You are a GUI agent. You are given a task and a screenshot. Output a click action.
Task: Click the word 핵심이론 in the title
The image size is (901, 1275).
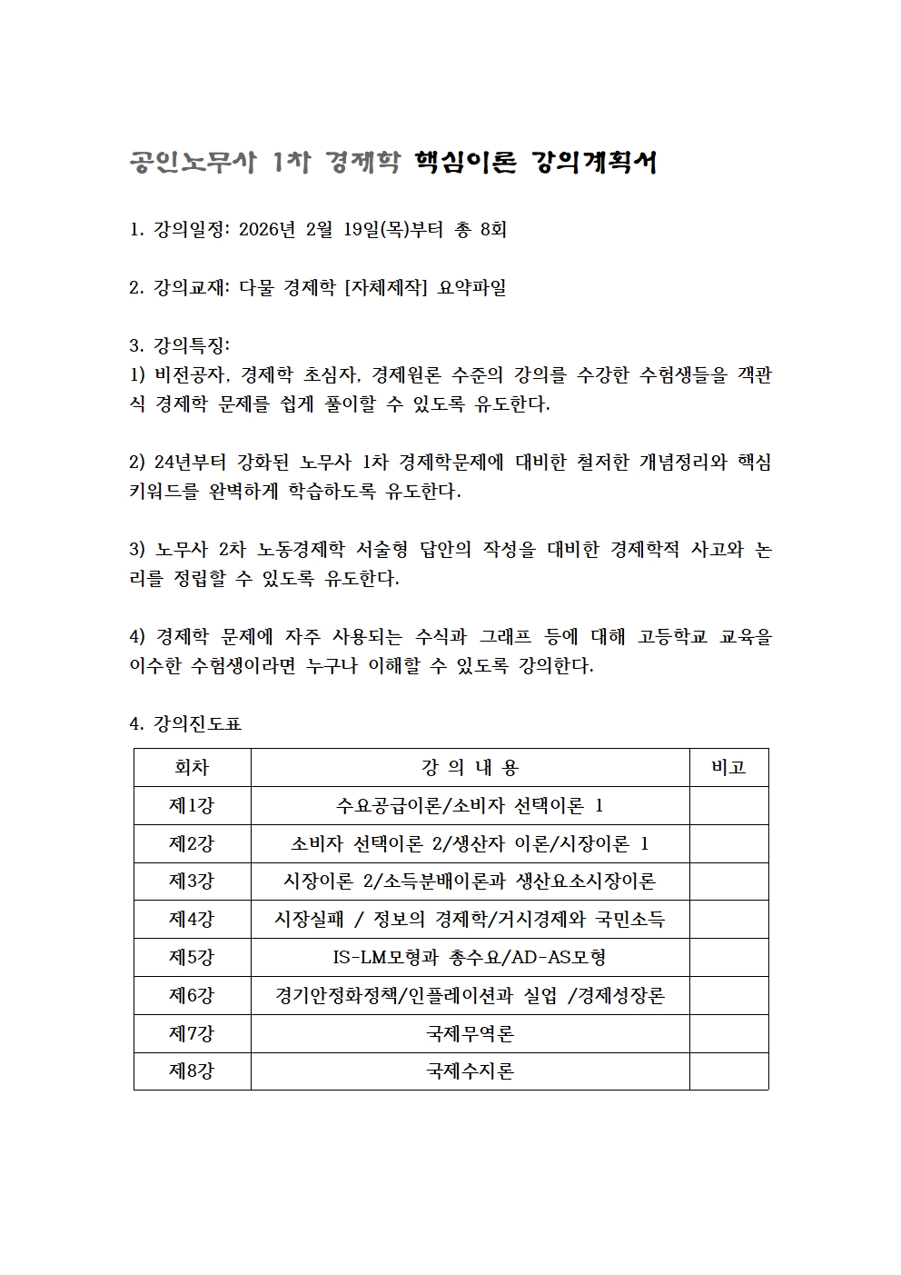465,163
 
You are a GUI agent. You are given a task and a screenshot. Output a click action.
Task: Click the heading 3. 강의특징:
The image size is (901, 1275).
181,346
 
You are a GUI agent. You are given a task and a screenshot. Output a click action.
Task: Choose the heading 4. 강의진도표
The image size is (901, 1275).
186,724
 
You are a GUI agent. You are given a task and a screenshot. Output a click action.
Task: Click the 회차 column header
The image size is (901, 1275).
192,768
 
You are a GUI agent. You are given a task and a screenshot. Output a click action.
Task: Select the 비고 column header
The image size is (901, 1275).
728,768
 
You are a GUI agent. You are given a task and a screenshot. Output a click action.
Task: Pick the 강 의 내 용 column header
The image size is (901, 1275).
470,768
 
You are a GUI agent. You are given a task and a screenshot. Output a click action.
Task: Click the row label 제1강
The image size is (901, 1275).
192,805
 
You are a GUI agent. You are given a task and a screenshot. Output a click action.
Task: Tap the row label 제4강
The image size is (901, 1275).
192,919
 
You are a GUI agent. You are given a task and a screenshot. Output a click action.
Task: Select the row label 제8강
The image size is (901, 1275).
192,1071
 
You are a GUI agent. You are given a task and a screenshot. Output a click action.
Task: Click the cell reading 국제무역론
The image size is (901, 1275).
470,1033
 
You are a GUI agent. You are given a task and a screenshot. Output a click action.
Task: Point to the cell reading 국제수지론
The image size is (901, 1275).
470,1071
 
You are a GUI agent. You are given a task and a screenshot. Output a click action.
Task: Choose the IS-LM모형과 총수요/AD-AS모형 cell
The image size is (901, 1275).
470,957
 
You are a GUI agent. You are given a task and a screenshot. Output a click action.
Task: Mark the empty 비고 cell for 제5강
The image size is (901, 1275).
728,957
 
